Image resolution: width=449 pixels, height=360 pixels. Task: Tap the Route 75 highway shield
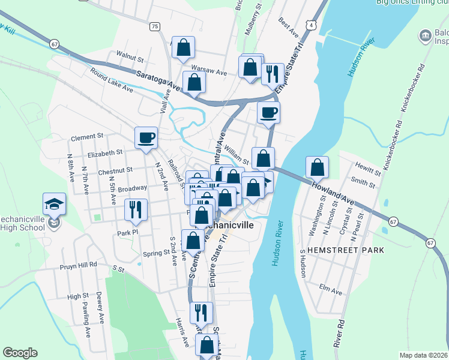(x=155, y=26)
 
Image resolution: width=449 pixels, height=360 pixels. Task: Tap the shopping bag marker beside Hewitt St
(x=317, y=167)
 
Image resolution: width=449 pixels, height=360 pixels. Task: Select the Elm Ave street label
(x=331, y=292)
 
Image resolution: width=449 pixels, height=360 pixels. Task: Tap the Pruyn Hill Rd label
(x=78, y=265)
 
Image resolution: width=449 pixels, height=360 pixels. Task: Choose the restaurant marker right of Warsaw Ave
(x=273, y=74)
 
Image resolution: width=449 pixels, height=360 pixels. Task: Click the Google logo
(x=20, y=352)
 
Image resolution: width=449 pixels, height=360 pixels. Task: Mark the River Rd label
(x=341, y=331)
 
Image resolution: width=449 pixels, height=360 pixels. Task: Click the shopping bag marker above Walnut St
(x=184, y=47)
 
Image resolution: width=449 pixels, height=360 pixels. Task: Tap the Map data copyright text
(x=423, y=355)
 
